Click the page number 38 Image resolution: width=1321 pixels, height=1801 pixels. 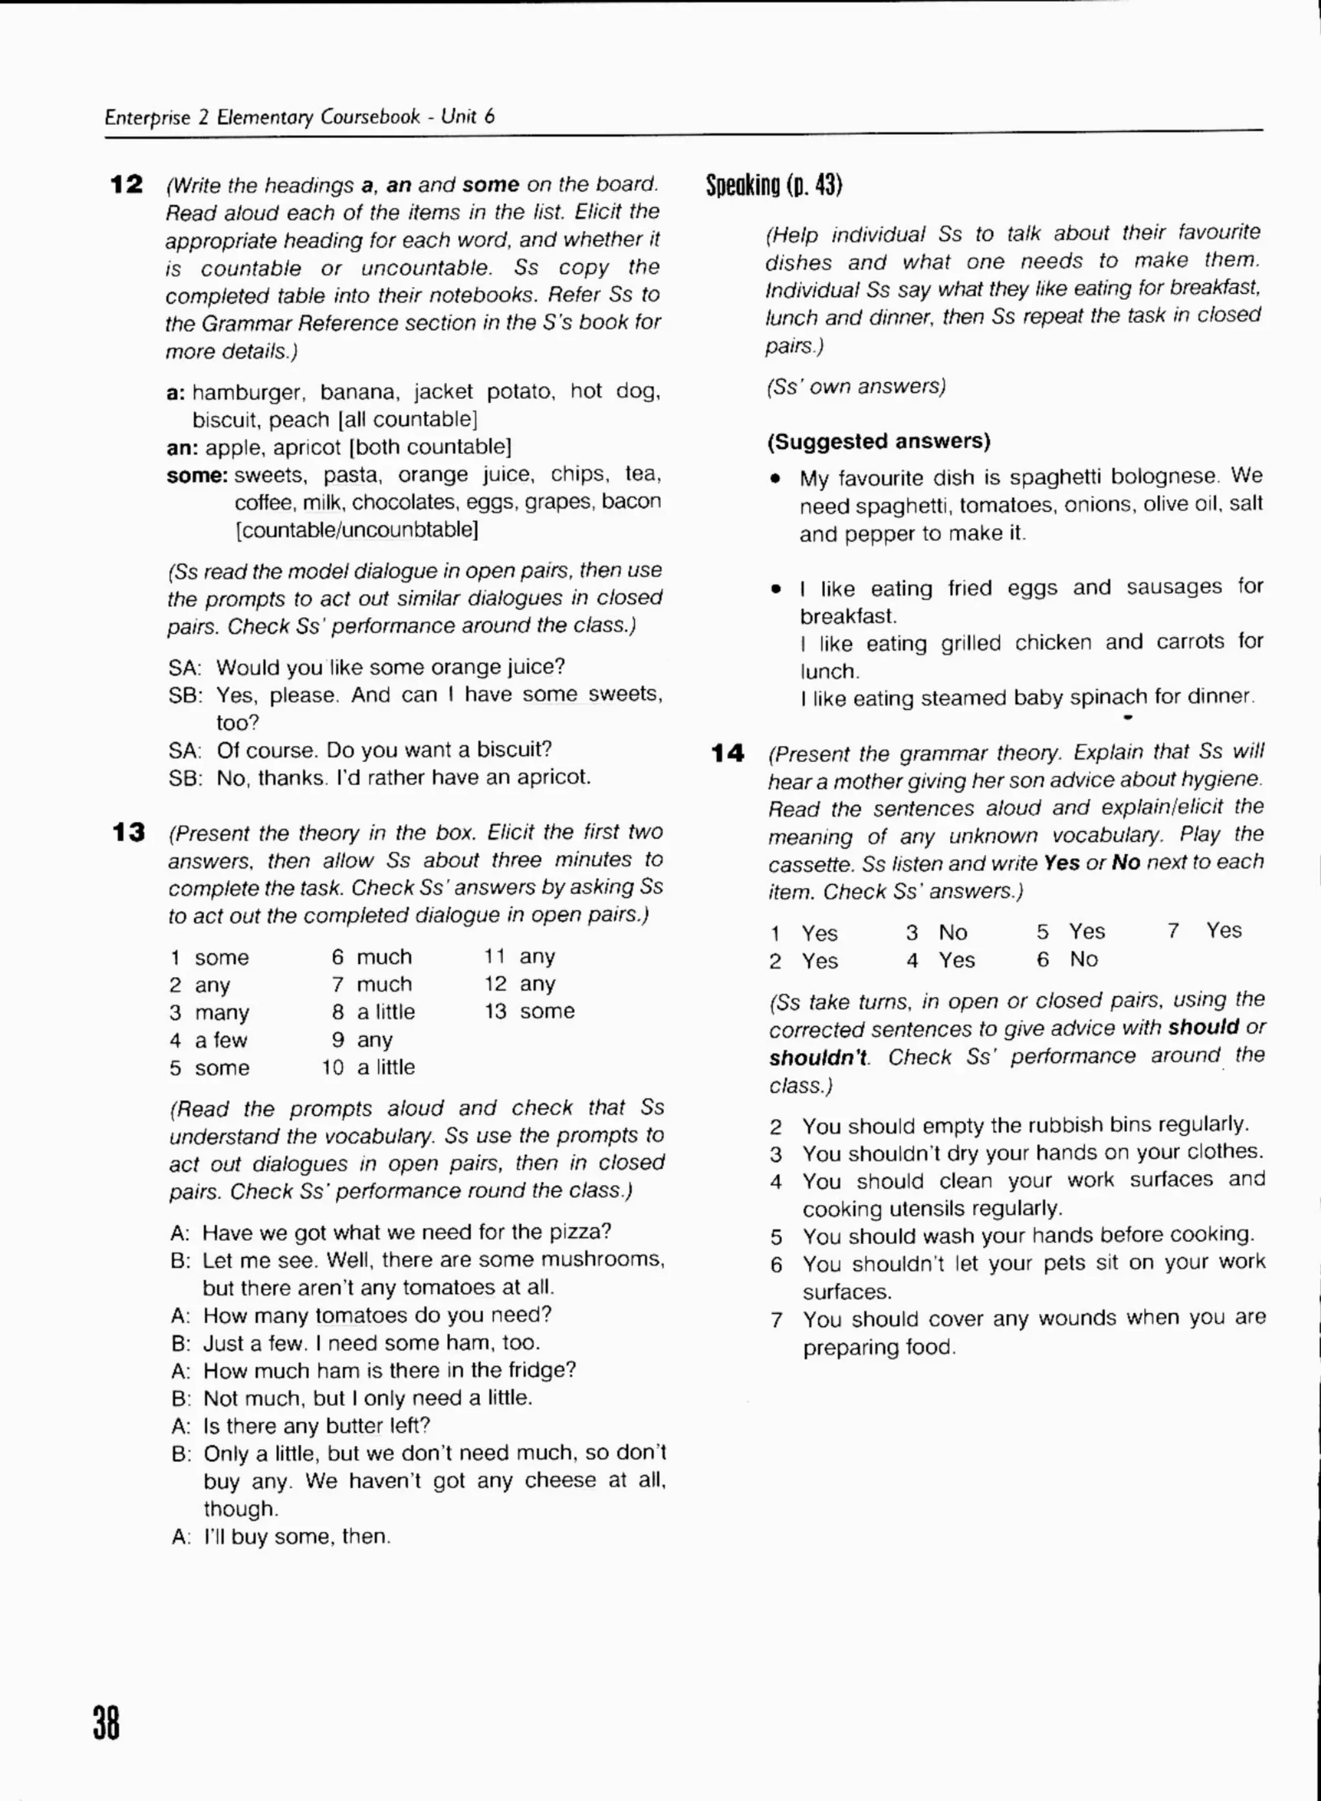pyautogui.click(x=106, y=1722)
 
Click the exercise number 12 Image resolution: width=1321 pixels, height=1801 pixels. pyautogui.click(x=126, y=184)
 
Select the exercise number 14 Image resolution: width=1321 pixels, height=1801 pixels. pyautogui.click(x=728, y=753)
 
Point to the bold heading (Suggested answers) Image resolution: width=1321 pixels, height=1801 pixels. pyautogui.click(x=878, y=441)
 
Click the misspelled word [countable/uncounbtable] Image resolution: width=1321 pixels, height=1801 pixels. pyautogui.click(x=357, y=529)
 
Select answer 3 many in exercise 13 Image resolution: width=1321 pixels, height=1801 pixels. pyautogui.click(x=210, y=1013)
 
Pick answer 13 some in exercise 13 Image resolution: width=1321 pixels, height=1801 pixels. pyautogui.click(x=530, y=1011)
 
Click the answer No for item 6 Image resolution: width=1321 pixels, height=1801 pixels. pyautogui.click(x=1084, y=960)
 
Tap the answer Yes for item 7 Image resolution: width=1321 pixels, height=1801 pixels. pyautogui.click(x=1224, y=930)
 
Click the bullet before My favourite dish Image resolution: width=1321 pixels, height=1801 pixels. pyautogui.click(x=775, y=479)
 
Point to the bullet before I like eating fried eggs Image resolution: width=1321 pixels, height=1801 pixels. pyautogui.click(x=775, y=589)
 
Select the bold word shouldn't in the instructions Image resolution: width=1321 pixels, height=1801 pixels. pyautogui.click(x=818, y=1058)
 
